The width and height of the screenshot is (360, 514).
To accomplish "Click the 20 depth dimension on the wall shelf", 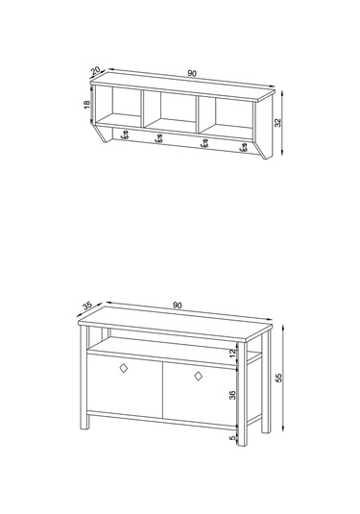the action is [95, 70].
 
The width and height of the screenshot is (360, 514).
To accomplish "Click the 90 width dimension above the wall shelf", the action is [192, 73].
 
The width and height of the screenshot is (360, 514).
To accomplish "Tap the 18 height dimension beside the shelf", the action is [86, 105].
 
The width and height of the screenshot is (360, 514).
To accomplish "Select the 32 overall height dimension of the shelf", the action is [277, 123].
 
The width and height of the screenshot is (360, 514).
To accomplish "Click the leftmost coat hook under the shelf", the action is [125, 135].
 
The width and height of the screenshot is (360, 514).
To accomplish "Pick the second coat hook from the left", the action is [158, 138].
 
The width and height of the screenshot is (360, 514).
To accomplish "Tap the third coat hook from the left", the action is [204, 143].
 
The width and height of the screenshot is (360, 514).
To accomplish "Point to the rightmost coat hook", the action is [244, 148].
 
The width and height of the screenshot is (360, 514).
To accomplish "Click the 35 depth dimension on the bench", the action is [87, 306].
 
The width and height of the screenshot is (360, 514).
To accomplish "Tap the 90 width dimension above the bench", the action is [177, 306].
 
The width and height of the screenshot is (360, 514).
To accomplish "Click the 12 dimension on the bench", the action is [232, 353].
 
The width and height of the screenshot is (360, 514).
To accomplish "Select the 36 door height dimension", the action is [232, 395].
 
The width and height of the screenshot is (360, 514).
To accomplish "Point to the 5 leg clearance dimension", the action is [233, 438].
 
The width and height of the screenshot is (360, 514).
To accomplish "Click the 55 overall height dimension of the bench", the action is [278, 378].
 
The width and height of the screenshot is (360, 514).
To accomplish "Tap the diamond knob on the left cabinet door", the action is [124, 368].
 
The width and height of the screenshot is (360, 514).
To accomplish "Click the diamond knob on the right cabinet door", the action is [198, 376].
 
